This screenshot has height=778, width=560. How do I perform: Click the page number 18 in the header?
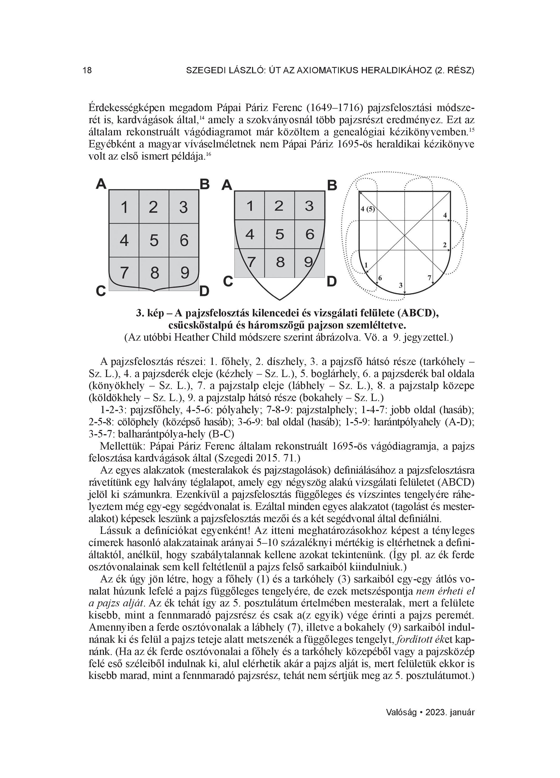pyautogui.click(x=87, y=71)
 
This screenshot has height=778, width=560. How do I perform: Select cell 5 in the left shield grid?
pyautogui.click(x=154, y=240)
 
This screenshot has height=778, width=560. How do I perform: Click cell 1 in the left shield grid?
pyautogui.click(x=124, y=207)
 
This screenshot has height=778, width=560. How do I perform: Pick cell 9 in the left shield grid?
pyautogui.click(x=185, y=273)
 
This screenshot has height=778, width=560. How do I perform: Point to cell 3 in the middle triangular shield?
pyautogui.click(x=309, y=206)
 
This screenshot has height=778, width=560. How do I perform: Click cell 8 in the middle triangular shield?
pyautogui.click(x=280, y=262)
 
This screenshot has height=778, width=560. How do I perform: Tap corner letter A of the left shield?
pyautogui.click(x=101, y=184)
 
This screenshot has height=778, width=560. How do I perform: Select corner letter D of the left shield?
pyautogui.click(x=204, y=291)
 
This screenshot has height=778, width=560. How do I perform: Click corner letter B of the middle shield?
pyautogui.click(x=332, y=186)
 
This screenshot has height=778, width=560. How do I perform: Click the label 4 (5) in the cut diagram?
pyautogui.click(x=368, y=209)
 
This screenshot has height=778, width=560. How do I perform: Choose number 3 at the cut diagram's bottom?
pyautogui.click(x=401, y=285)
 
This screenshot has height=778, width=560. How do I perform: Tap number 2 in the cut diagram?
pyautogui.click(x=445, y=245)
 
